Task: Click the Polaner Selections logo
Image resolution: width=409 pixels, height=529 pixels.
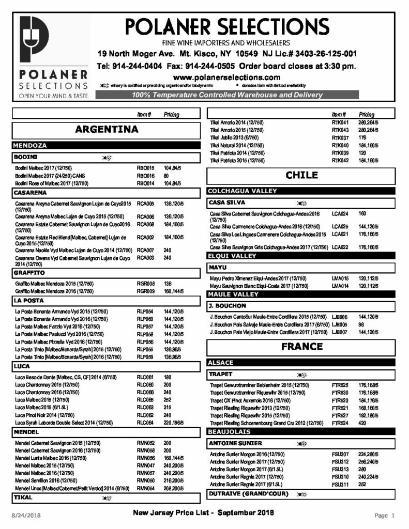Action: (x=53, y=57)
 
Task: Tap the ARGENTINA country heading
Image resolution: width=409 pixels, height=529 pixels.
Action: (x=106, y=130)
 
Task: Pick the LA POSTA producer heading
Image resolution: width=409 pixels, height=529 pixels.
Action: (x=25, y=300)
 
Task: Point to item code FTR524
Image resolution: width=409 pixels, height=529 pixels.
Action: (x=340, y=423)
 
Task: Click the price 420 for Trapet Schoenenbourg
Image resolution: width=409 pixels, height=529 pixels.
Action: (x=363, y=423)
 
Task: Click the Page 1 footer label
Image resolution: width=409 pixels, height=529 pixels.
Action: (x=385, y=515)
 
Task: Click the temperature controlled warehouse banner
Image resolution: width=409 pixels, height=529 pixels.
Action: (x=228, y=95)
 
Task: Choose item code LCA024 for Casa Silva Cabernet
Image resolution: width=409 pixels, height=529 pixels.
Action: (x=340, y=213)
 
